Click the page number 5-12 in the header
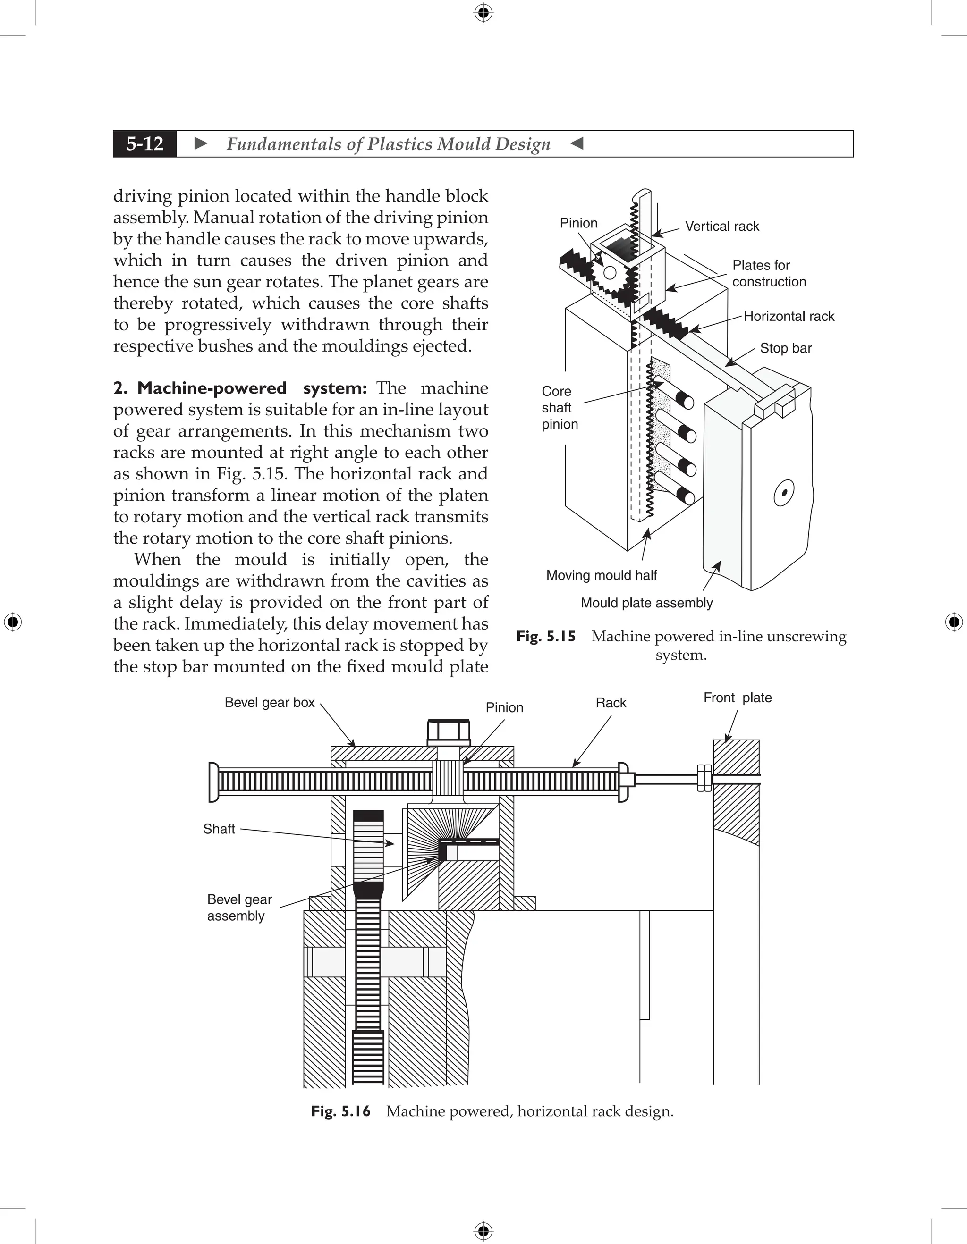pos(145,143)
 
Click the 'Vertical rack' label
pos(721,226)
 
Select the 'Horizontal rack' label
pos(789,316)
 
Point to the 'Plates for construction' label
pos(769,273)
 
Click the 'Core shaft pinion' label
pos(559,407)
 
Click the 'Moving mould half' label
pos(601,575)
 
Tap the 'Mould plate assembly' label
pos(646,603)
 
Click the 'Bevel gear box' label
pos(270,702)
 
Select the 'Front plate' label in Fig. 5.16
pos(738,698)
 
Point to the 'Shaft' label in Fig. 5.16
pos(219,829)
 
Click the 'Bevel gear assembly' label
pos(239,908)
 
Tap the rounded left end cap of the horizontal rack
pos(214,782)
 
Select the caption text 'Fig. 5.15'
pos(546,636)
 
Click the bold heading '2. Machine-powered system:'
pos(240,388)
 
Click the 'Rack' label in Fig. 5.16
pos(611,703)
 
